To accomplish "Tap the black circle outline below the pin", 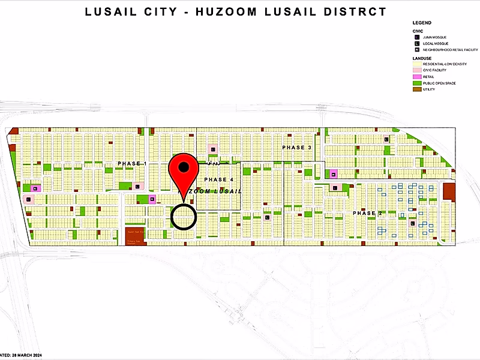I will [x=184, y=217].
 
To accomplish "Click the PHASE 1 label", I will [x=132, y=163].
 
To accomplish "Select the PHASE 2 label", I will [x=367, y=214].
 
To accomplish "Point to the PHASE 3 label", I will [x=297, y=148].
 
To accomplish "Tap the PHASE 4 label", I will [x=219, y=180].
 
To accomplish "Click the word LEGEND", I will [x=422, y=22].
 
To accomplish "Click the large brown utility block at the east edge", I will [x=449, y=192].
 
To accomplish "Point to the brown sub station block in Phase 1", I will [x=136, y=236].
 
